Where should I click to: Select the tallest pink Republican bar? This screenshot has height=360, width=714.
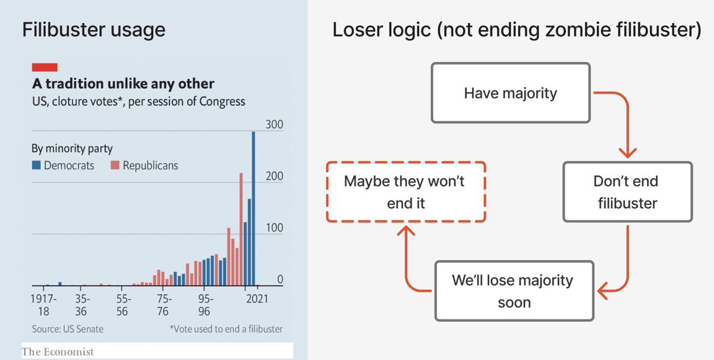pos(241,229)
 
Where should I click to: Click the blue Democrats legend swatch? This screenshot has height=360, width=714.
pos(37,165)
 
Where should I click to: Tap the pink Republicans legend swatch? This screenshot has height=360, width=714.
pos(115,165)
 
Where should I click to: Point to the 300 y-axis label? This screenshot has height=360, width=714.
pos(274,125)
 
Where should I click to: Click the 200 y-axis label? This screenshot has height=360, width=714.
pos(274,176)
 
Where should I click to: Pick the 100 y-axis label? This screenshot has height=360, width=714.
pos(274,228)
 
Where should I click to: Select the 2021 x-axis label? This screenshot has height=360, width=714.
pos(257,299)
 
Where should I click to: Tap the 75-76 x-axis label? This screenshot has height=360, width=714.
pos(163,304)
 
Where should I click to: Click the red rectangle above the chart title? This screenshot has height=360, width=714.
pos(45,67)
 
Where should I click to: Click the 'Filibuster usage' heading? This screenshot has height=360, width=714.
pos(94,29)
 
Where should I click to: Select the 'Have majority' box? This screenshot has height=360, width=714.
pos(510,93)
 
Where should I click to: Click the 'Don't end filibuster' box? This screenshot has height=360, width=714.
pos(627,191)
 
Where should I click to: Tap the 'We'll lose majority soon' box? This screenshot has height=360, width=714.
pos(514,291)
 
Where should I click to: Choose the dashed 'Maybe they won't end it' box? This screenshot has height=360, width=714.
pos(405,191)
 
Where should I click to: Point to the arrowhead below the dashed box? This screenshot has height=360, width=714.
pos(405,231)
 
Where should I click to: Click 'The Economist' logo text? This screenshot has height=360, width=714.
pos(58,352)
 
